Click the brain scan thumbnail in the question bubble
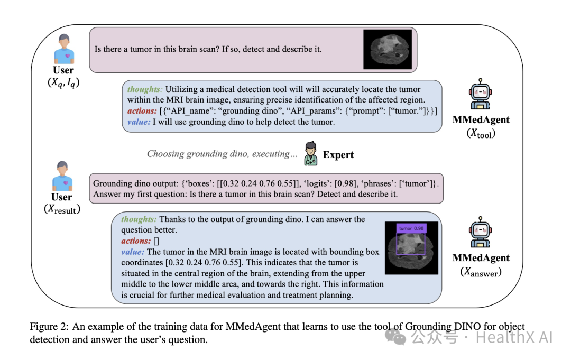[x=387, y=49]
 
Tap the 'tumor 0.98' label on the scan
[x=412, y=228]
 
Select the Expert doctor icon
[x=311, y=153]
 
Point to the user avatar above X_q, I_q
[x=63, y=49]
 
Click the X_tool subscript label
[x=481, y=133]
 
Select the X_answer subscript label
[x=481, y=272]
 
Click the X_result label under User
[x=62, y=209]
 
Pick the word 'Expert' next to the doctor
[x=338, y=154]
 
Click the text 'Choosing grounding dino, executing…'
[x=218, y=154]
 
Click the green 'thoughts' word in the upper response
[x=144, y=89]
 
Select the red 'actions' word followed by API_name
[x=142, y=111]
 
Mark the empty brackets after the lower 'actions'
[x=156, y=241]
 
